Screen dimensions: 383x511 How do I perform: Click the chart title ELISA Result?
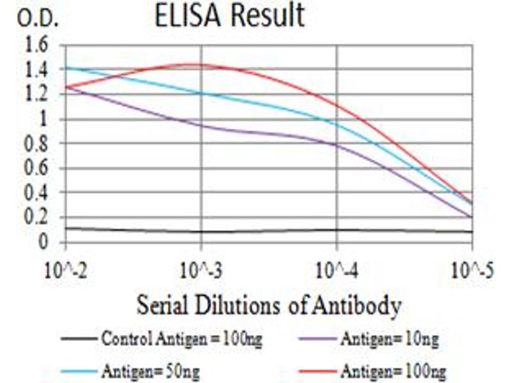pos(230,17)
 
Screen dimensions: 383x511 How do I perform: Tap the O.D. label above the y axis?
pos(38,19)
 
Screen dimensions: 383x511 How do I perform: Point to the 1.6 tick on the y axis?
pos(34,45)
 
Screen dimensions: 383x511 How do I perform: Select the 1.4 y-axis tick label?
pos(34,70)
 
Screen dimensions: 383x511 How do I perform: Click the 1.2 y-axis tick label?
pos(34,94)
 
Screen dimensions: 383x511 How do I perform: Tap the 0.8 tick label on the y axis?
pos(34,144)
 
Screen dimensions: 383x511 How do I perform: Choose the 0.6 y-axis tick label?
pos(34,169)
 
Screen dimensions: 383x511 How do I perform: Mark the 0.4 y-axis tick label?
pos(34,193)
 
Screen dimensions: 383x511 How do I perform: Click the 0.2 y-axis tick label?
pos(34,218)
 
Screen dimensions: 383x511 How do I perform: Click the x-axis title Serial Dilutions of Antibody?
pos(268,305)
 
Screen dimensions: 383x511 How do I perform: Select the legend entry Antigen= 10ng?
pos(390,339)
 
